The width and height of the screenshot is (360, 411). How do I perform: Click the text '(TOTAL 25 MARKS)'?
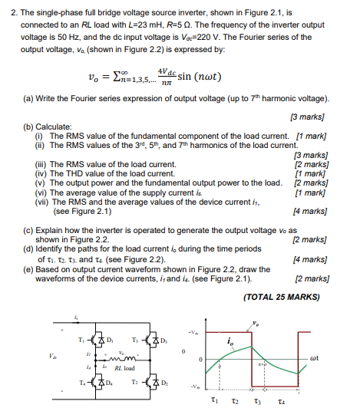pyautogui.click(x=279, y=296)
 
